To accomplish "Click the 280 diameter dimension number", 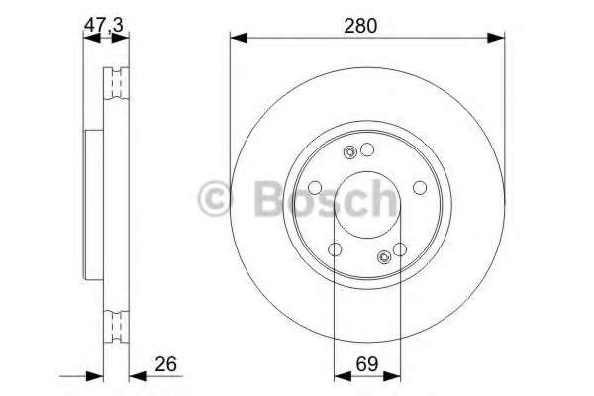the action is pos(360,26).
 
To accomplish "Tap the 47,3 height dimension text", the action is pos(103,26).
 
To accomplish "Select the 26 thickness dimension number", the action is pos(166,364).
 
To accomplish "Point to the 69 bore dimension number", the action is pos(367,364).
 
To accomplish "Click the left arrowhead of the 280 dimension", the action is pos(239,38).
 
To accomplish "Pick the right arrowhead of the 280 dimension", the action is pos(496,38).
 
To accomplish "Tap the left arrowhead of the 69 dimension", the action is pos(343,376).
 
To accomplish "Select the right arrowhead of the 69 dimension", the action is pos(392,376).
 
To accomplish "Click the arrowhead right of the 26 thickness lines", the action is pos(138,376).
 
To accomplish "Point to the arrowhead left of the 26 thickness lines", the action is pos(95,376).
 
